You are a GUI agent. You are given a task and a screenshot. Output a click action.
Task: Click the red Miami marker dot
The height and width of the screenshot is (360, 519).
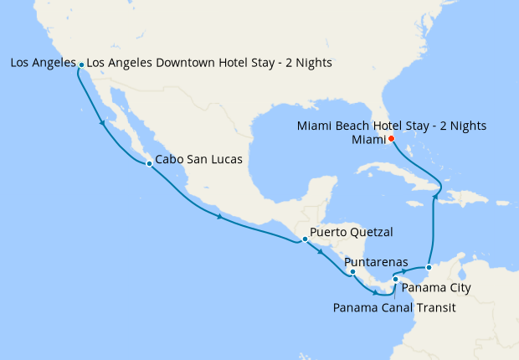click(391, 139)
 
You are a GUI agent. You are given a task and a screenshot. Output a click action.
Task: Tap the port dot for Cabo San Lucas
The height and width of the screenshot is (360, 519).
click(149, 163)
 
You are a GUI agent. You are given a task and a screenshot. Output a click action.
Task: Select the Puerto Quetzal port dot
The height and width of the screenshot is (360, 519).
click(305, 239)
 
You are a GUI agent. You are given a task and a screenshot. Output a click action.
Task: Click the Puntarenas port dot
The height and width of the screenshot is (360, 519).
click(352, 271)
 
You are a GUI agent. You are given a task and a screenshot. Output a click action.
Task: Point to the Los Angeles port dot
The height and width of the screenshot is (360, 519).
click(81, 64)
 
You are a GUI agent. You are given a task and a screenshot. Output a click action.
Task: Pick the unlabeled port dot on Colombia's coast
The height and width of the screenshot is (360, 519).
click(428, 268)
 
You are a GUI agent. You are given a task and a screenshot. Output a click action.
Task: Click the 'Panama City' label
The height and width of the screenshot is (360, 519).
click(436, 288)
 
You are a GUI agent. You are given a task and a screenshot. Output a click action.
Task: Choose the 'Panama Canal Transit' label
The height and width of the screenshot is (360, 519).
click(394, 307)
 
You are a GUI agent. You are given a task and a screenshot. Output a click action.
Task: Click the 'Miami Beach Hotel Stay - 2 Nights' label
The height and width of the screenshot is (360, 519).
click(392, 126)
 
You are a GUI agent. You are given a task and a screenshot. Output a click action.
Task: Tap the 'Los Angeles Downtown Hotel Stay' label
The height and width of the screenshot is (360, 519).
click(209, 63)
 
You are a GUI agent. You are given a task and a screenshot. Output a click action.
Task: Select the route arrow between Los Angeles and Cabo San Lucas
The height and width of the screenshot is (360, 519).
click(103, 124)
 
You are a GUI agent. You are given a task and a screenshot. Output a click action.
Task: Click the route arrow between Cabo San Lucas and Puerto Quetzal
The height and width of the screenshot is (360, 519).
click(219, 217)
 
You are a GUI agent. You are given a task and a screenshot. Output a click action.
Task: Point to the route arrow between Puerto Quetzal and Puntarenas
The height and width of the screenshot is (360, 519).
click(321, 251)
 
